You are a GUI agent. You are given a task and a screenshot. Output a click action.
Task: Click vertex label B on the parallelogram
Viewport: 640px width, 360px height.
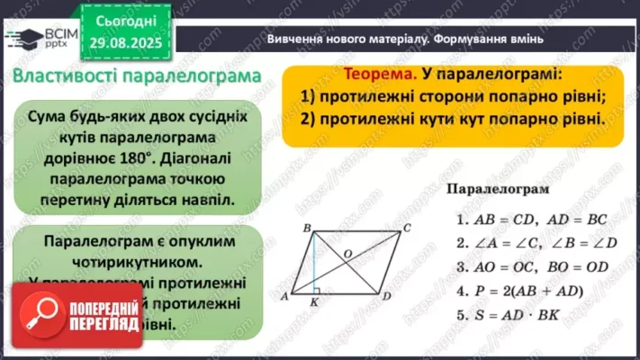308,228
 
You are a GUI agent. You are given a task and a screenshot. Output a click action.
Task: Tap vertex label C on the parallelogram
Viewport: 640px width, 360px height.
406,228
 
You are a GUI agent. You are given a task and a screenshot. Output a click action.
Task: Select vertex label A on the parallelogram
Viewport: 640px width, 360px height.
284,293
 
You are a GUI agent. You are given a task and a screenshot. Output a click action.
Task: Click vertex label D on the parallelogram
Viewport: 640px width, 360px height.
385,295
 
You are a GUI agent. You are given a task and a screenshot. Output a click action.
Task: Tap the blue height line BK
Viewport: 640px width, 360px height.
313,263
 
